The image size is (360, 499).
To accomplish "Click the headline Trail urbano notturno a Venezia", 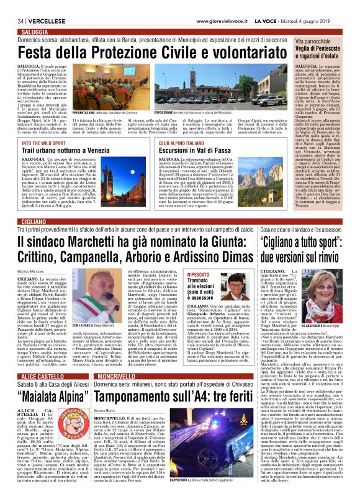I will click(64, 150).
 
